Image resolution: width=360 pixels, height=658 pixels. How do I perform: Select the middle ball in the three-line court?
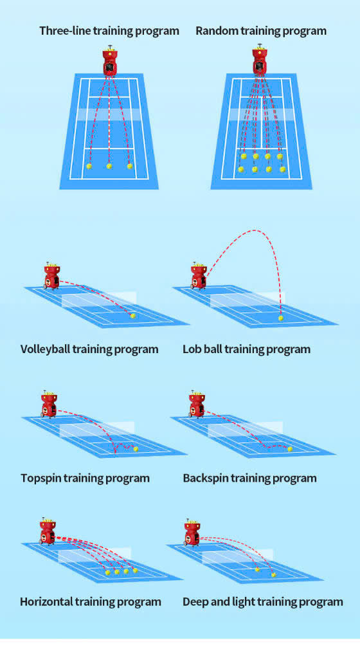109,166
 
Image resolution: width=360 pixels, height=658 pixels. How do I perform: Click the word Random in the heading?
218,31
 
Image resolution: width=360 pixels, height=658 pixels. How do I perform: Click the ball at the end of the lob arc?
281,318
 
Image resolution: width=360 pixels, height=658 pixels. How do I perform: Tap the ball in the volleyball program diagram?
133,316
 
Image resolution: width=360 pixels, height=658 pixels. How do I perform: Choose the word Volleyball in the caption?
45,349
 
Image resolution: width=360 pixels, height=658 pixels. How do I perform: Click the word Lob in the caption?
192,349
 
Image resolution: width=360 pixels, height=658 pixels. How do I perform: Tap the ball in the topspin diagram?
136,449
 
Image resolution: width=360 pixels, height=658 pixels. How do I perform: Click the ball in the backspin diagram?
290,449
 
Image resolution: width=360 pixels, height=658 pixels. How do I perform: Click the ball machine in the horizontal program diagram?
48,531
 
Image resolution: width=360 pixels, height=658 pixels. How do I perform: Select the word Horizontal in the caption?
46,602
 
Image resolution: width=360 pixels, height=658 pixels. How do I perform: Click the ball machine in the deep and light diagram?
193,532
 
